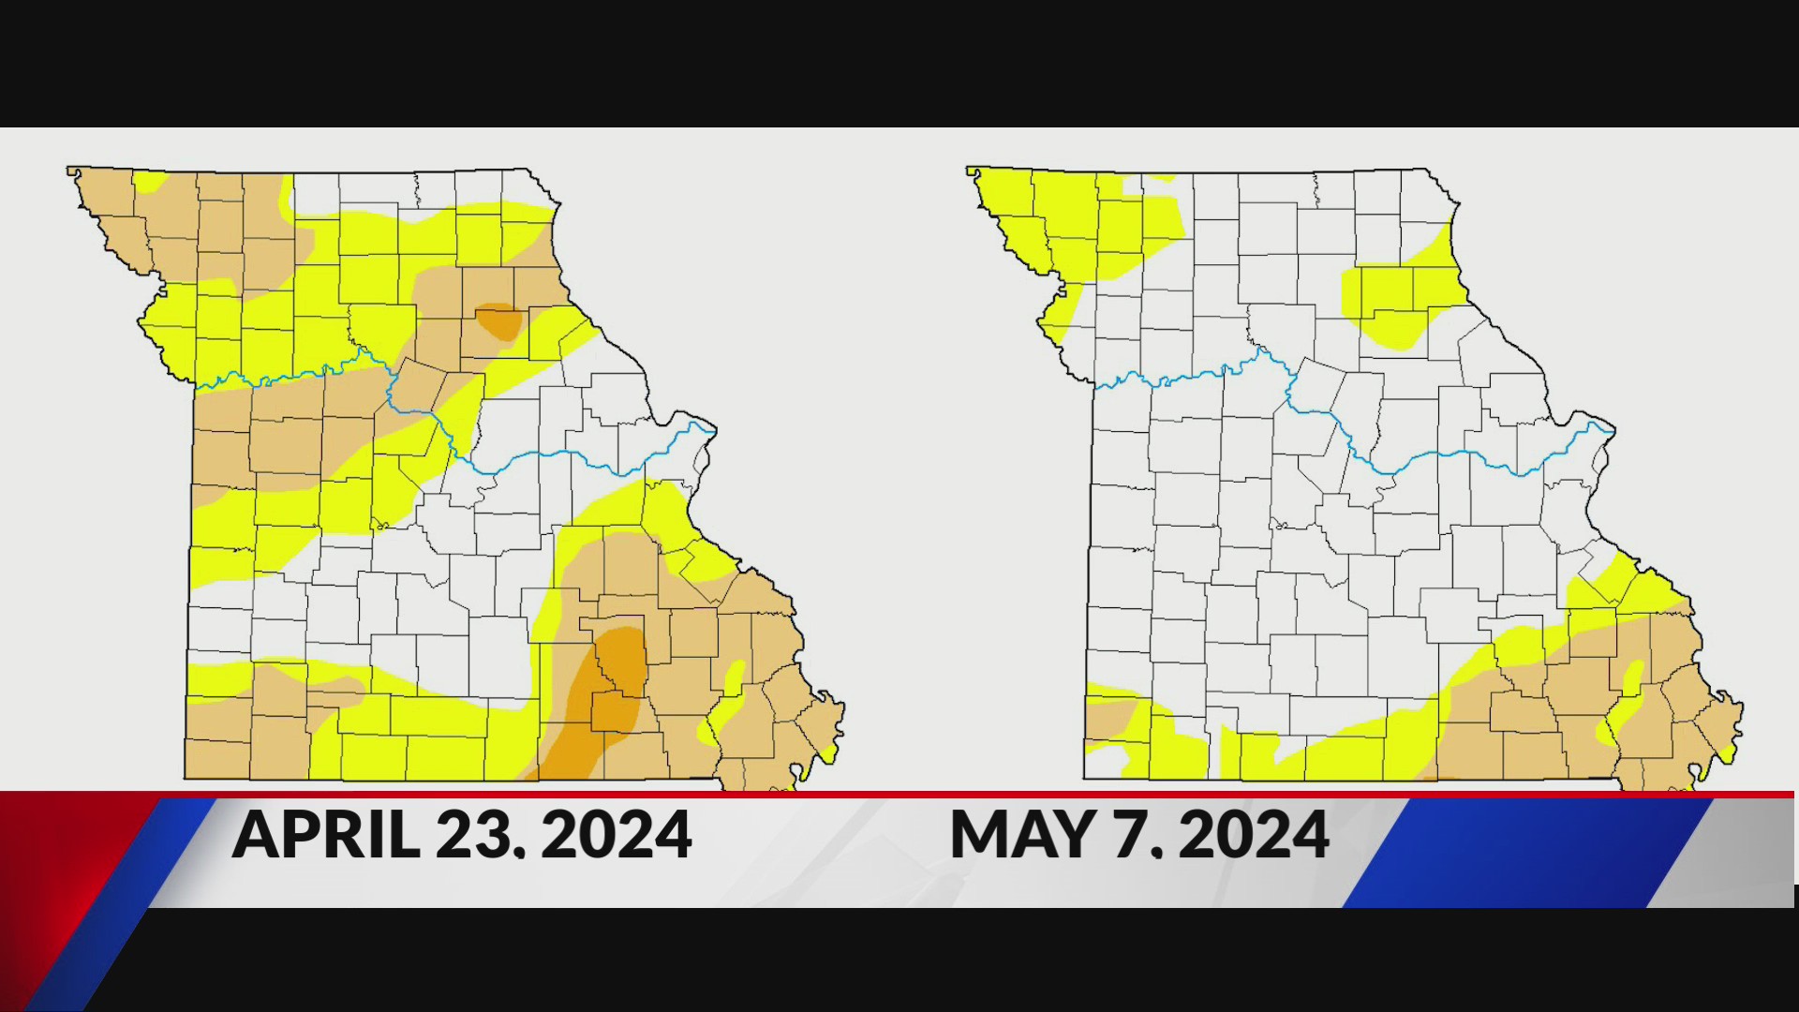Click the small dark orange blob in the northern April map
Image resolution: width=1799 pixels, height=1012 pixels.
pos(498,321)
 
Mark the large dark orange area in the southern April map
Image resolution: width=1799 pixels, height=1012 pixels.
pos(609,693)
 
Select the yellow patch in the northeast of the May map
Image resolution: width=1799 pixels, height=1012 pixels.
pos(1396,300)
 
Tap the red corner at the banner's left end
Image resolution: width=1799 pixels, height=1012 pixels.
pos(56,843)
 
